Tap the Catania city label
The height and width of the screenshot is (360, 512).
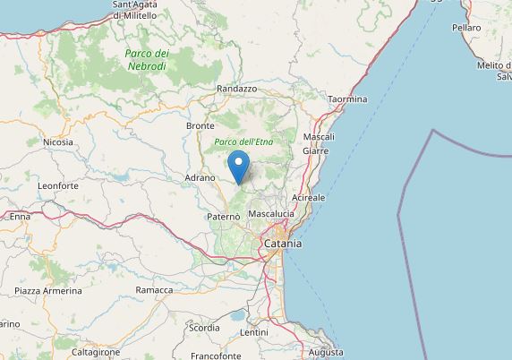point(282,243)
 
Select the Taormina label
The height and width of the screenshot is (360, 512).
point(347,99)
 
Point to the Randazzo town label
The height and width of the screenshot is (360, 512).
point(237,90)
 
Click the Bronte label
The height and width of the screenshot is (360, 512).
point(200,127)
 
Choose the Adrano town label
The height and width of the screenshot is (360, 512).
point(201,178)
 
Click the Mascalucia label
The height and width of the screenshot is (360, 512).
point(273,215)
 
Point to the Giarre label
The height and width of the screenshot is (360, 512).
point(316,151)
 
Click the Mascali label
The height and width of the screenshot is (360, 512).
point(320,137)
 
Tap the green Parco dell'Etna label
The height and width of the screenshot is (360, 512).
point(243,142)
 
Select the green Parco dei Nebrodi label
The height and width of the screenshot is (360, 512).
point(147,59)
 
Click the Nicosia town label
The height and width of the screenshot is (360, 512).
point(58,141)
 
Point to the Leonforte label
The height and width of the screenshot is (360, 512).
point(58,185)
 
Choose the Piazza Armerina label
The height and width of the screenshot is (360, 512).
point(48,291)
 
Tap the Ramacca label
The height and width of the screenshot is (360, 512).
point(153,290)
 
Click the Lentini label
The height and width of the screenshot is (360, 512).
point(256,332)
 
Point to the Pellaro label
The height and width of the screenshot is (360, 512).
point(467,29)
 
